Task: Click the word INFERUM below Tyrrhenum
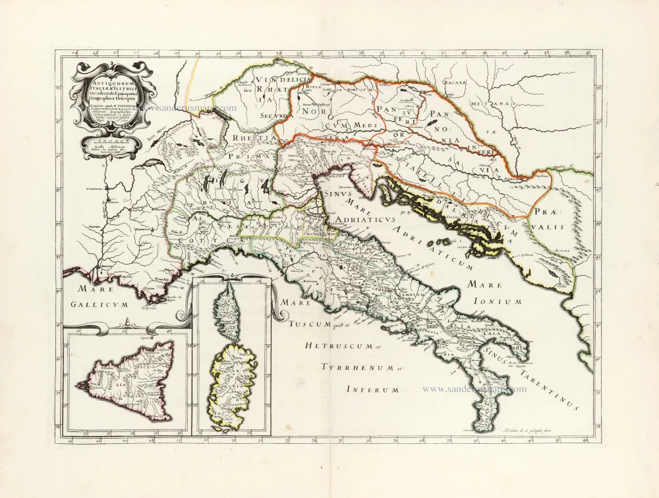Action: point(373,390)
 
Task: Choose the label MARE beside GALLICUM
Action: point(90,288)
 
